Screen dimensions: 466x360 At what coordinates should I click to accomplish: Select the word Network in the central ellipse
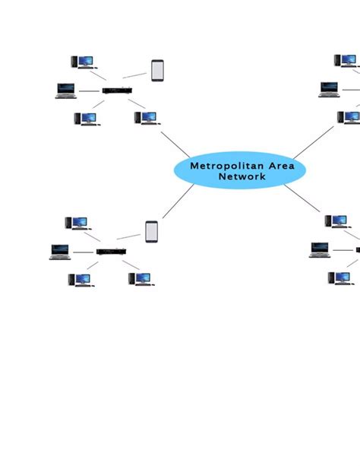[x=242, y=177]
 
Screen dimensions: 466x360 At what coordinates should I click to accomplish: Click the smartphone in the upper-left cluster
[x=157, y=71]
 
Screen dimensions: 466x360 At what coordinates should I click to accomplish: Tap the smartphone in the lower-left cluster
[x=151, y=231]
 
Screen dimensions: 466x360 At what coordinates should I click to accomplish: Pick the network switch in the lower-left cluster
[x=111, y=252]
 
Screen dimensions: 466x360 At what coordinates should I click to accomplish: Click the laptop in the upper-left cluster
[x=66, y=90]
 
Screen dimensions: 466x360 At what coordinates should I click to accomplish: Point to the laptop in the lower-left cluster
[x=60, y=252]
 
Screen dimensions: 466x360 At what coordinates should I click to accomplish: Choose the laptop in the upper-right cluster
[x=328, y=90]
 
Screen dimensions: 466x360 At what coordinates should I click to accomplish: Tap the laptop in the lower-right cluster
[x=320, y=249]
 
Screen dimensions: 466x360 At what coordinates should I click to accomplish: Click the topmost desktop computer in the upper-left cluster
[x=81, y=61]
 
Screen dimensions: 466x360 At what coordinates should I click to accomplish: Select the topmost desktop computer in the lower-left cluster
[x=76, y=223]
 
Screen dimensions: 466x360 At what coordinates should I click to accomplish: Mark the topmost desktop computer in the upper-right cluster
[x=346, y=60]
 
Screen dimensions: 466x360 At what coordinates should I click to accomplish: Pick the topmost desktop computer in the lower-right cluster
[x=336, y=221]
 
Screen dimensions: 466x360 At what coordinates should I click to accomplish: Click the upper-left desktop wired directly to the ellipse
[x=145, y=118]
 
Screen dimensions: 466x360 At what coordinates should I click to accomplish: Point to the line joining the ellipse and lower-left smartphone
[x=178, y=201]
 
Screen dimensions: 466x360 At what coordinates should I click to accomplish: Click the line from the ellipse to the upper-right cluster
[x=313, y=142]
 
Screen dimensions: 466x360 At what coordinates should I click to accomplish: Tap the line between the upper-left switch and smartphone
[x=135, y=75]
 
